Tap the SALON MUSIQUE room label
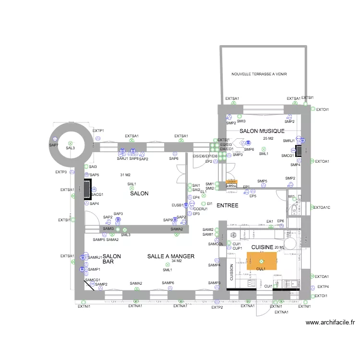click(262, 131)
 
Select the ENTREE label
click(228, 205)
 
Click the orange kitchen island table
click(262, 261)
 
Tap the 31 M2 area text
click(125, 175)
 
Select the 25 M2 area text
click(268, 139)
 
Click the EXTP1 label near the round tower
click(98, 131)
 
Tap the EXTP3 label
click(61, 172)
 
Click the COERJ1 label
click(201, 209)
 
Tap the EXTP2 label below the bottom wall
click(217, 307)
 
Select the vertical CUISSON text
click(231, 273)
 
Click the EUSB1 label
click(178, 205)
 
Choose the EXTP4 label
click(323, 287)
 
